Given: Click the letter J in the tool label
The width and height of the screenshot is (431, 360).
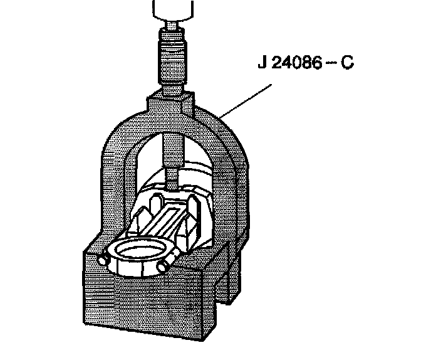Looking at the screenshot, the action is (x=261, y=65).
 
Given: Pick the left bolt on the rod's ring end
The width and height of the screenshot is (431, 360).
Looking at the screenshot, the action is (x=101, y=258).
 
